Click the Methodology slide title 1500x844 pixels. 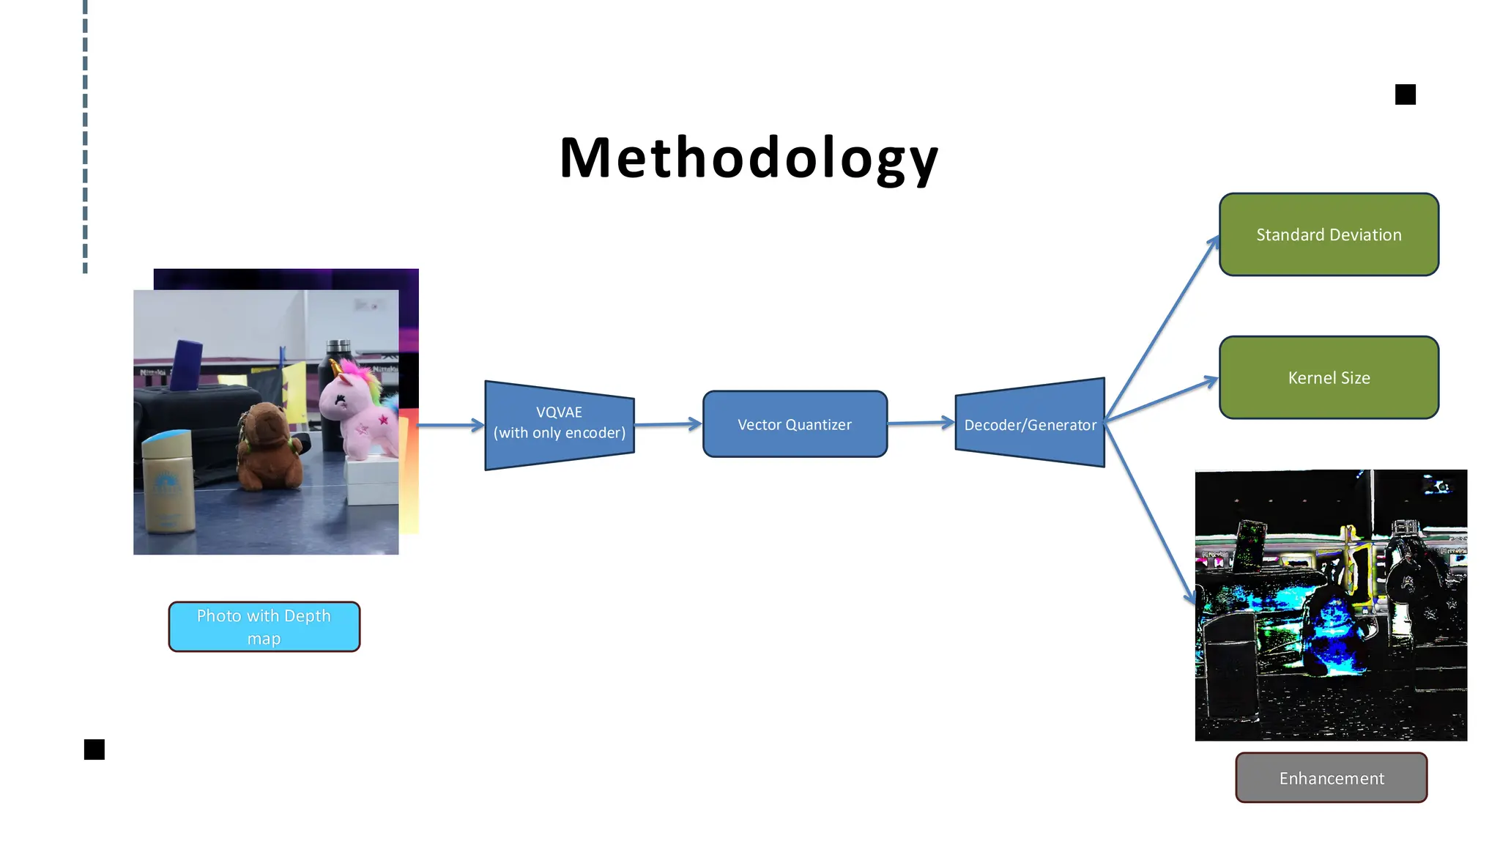tap(749, 158)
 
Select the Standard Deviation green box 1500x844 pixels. tap(1329, 234)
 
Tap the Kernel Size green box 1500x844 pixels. tap(1329, 377)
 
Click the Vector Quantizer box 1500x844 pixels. tap(795, 424)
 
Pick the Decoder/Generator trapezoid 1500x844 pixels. tap(1030, 423)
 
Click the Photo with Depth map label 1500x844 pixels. tap(264, 626)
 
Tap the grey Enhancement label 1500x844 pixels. tap(1331, 778)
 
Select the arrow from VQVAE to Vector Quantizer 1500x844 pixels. tap(667, 424)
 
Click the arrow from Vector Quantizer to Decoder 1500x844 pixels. tap(921, 423)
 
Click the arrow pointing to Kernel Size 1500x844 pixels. tap(1162, 400)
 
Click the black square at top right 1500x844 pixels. tap(1405, 95)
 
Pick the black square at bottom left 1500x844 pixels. tap(94, 749)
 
